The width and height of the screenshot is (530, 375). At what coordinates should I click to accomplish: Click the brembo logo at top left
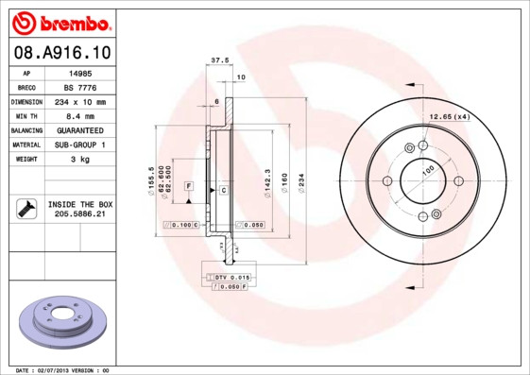point(60,22)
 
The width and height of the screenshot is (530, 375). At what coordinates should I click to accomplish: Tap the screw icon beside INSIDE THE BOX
point(25,210)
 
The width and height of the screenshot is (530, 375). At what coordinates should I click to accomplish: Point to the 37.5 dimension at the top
point(219,60)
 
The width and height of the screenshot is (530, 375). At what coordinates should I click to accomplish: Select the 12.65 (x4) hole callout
point(450,116)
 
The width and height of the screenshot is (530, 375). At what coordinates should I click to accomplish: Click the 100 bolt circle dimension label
point(427,173)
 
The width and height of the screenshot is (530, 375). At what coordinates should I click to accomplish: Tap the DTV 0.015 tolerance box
point(231,276)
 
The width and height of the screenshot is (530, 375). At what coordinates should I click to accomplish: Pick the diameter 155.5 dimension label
point(151,177)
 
